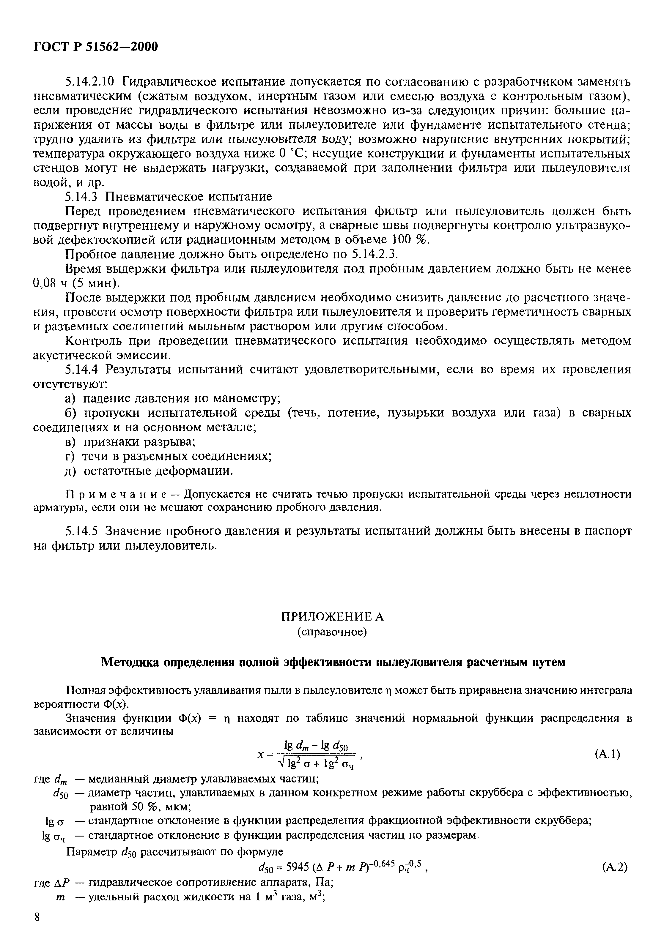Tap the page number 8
37,929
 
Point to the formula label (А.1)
607,754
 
